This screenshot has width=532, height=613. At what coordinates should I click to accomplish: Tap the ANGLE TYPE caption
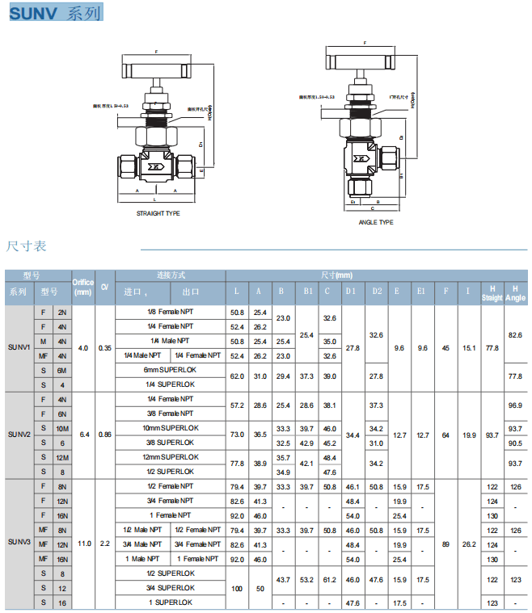375,222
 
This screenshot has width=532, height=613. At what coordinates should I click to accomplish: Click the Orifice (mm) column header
83,287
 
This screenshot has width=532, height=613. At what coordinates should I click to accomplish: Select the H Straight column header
492,292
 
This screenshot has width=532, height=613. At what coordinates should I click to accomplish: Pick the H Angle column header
515,292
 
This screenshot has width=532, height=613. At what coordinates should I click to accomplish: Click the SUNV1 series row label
19,347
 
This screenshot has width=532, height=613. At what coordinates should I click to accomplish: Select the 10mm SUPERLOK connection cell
171,428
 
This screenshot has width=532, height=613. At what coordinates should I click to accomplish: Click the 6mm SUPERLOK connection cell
171,370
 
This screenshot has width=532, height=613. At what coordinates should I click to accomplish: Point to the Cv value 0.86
105,435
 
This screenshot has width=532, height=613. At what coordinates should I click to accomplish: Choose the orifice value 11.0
83,544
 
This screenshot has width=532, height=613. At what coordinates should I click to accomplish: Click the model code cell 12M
62,457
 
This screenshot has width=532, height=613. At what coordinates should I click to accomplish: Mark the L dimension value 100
237,588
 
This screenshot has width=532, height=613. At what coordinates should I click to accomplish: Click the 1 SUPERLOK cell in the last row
171,603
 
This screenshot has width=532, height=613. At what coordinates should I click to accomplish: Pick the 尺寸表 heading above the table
27,246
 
